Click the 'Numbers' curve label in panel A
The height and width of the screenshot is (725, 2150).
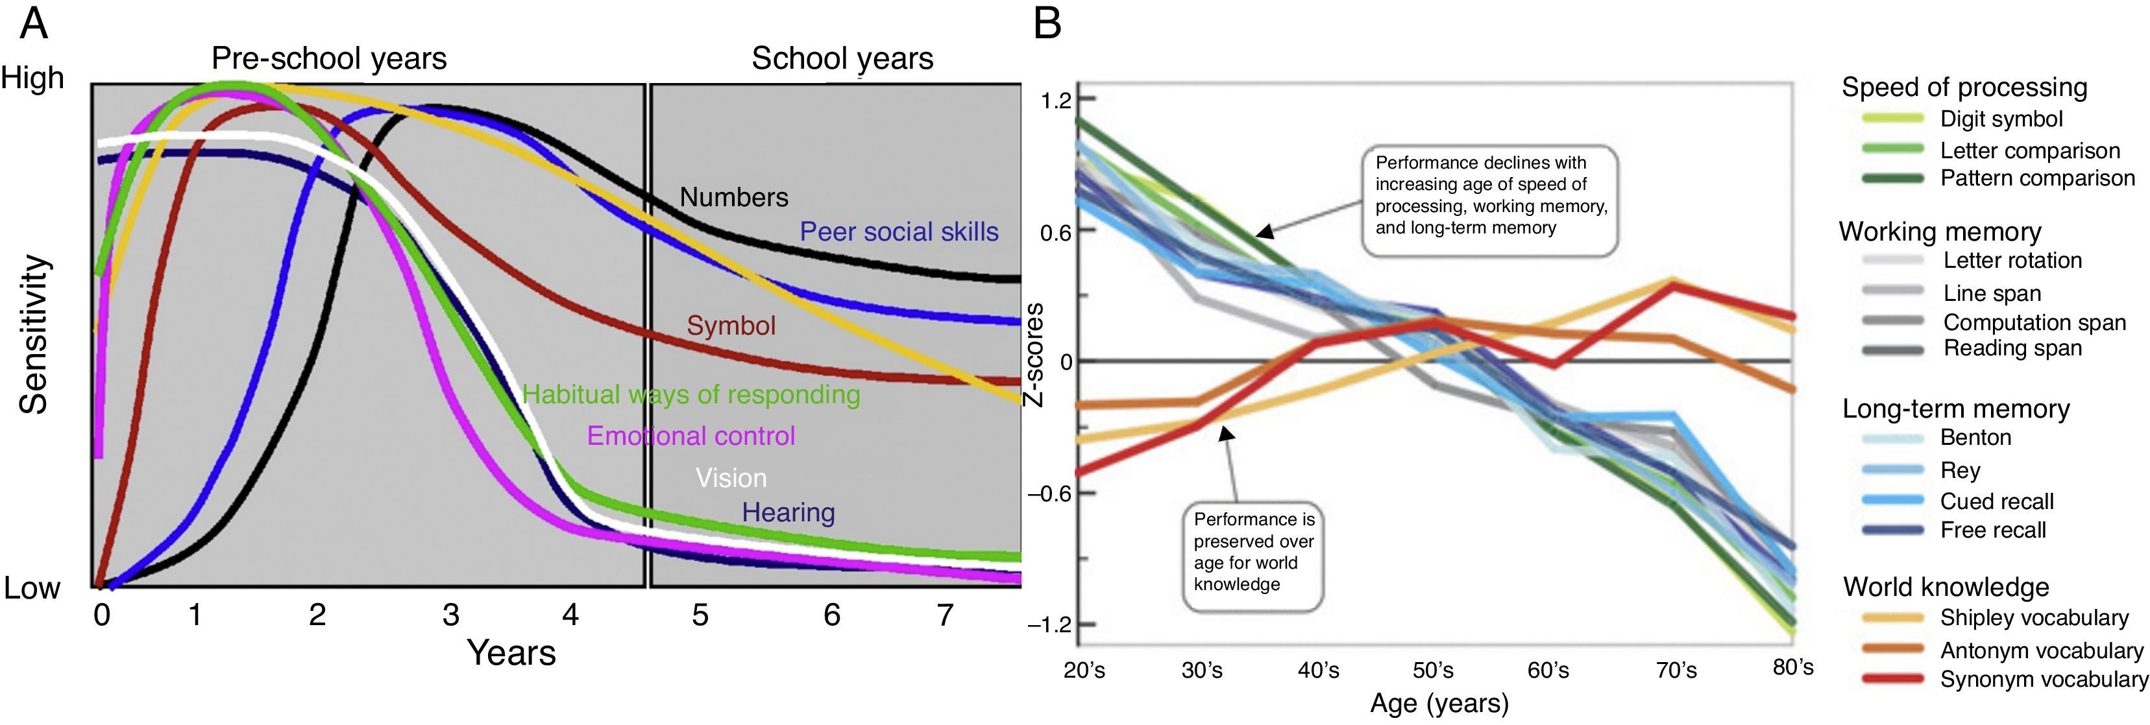(733, 197)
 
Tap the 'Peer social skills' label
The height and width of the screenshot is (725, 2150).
(899, 232)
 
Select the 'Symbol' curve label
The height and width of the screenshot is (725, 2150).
(731, 326)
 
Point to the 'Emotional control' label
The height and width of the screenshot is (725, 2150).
(691, 436)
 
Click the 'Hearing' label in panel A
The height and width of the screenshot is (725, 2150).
(788, 512)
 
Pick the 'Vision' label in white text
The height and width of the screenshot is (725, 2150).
(731, 478)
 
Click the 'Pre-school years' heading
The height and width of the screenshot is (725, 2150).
(329, 58)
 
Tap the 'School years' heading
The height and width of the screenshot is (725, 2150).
(842, 58)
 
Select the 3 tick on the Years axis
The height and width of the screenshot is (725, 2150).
(450, 615)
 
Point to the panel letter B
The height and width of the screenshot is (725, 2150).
(1047, 23)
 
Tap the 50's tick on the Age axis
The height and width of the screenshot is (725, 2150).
(1433, 670)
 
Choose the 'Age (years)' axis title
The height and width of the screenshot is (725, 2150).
(1439, 704)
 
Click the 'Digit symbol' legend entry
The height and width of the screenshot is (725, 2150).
(2001, 119)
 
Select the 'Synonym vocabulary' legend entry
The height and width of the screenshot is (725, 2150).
(2043, 679)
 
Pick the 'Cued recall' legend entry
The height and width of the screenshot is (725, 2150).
(1996, 501)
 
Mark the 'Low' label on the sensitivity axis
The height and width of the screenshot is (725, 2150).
(32, 588)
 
